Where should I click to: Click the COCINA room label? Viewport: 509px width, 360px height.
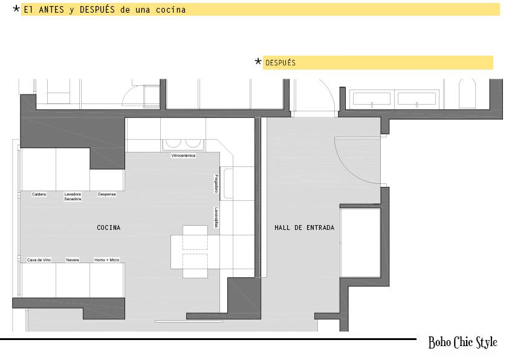click(108, 227)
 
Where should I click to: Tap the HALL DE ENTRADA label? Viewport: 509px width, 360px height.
click(304, 227)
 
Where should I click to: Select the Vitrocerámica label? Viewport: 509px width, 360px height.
click(183, 155)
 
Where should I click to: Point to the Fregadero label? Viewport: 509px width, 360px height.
click(216, 183)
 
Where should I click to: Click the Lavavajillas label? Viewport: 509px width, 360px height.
click(216, 217)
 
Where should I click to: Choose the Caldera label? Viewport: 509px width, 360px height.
click(39, 194)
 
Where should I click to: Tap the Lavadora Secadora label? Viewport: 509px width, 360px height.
click(73, 197)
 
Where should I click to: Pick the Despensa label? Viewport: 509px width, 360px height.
click(106, 194)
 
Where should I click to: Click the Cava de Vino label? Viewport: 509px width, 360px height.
click(39, 260)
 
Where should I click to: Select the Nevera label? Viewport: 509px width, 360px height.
click(73, 260)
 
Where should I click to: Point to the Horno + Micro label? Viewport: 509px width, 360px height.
click(107, 260)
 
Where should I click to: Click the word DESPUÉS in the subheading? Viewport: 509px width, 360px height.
click(280, 63)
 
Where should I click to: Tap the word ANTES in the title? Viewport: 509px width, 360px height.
click(51, 10)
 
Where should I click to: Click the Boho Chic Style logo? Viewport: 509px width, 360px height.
click(462, 342)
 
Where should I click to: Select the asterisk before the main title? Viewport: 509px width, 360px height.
click(16, 8)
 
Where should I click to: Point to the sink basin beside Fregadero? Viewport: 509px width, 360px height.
click(229, 183)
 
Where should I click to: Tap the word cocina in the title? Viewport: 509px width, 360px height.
click(170, 10)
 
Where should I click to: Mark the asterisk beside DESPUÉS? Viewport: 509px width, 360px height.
click(258, 61)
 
